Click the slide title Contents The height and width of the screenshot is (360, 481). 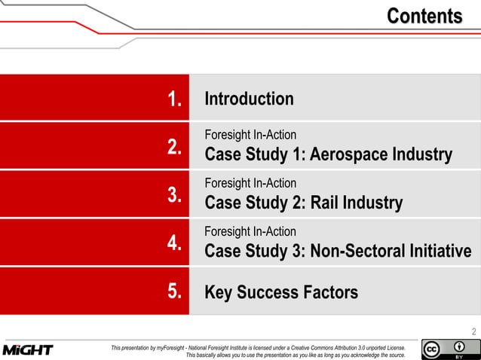pyautogui.click(x=424, y=16)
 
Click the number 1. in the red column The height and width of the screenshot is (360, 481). pyautogui.click(x=175, y=99)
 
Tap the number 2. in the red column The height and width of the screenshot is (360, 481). pyautogui.click(x=175, y=147)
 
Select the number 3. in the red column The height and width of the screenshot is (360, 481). pyautogui.click(x=175, y=195)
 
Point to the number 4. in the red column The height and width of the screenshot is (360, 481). pyautogui.click(x=175, y=243)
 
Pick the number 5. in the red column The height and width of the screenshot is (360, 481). pyautogui.click(x=175, y=291)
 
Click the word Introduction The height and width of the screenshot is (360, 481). pyautogui.click(x=249, y=99)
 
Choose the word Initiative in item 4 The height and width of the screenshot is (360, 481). pyautogui.click(x=441, y=252)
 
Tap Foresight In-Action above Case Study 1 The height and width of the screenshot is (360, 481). pyautogui.click(x=250, y=135)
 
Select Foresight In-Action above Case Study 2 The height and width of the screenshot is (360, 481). pyautogui.click(x=250, y=183)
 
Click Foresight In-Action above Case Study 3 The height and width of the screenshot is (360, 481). pyautogui.click(x=250, y=231)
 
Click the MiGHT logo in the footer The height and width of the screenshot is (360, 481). pyautogui.click(x=28, y=350)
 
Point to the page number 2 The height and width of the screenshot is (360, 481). pyautogui.click(x=473, y=332)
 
